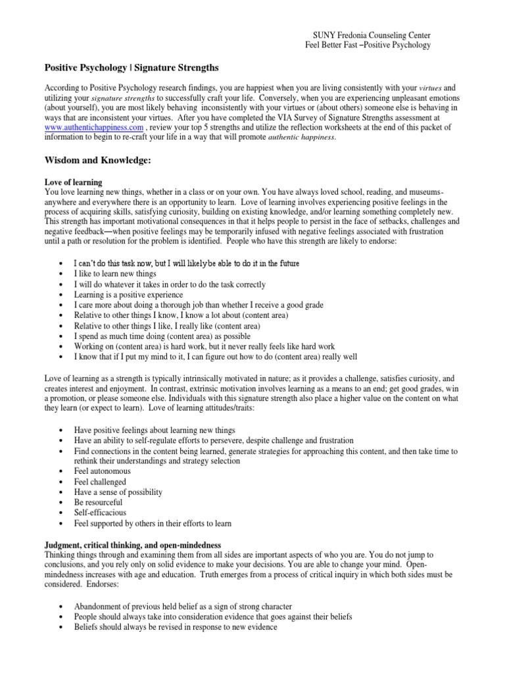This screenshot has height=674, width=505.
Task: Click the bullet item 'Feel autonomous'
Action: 102,471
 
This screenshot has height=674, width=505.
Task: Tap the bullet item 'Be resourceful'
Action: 98,502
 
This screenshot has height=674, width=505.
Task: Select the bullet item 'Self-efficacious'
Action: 100,513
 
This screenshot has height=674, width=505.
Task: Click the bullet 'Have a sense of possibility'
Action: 118,492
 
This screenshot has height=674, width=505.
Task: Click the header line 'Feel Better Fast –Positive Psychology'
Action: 368,45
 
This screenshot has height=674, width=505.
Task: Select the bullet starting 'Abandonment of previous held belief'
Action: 183,606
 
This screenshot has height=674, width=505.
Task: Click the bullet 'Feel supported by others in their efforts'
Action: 153,523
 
